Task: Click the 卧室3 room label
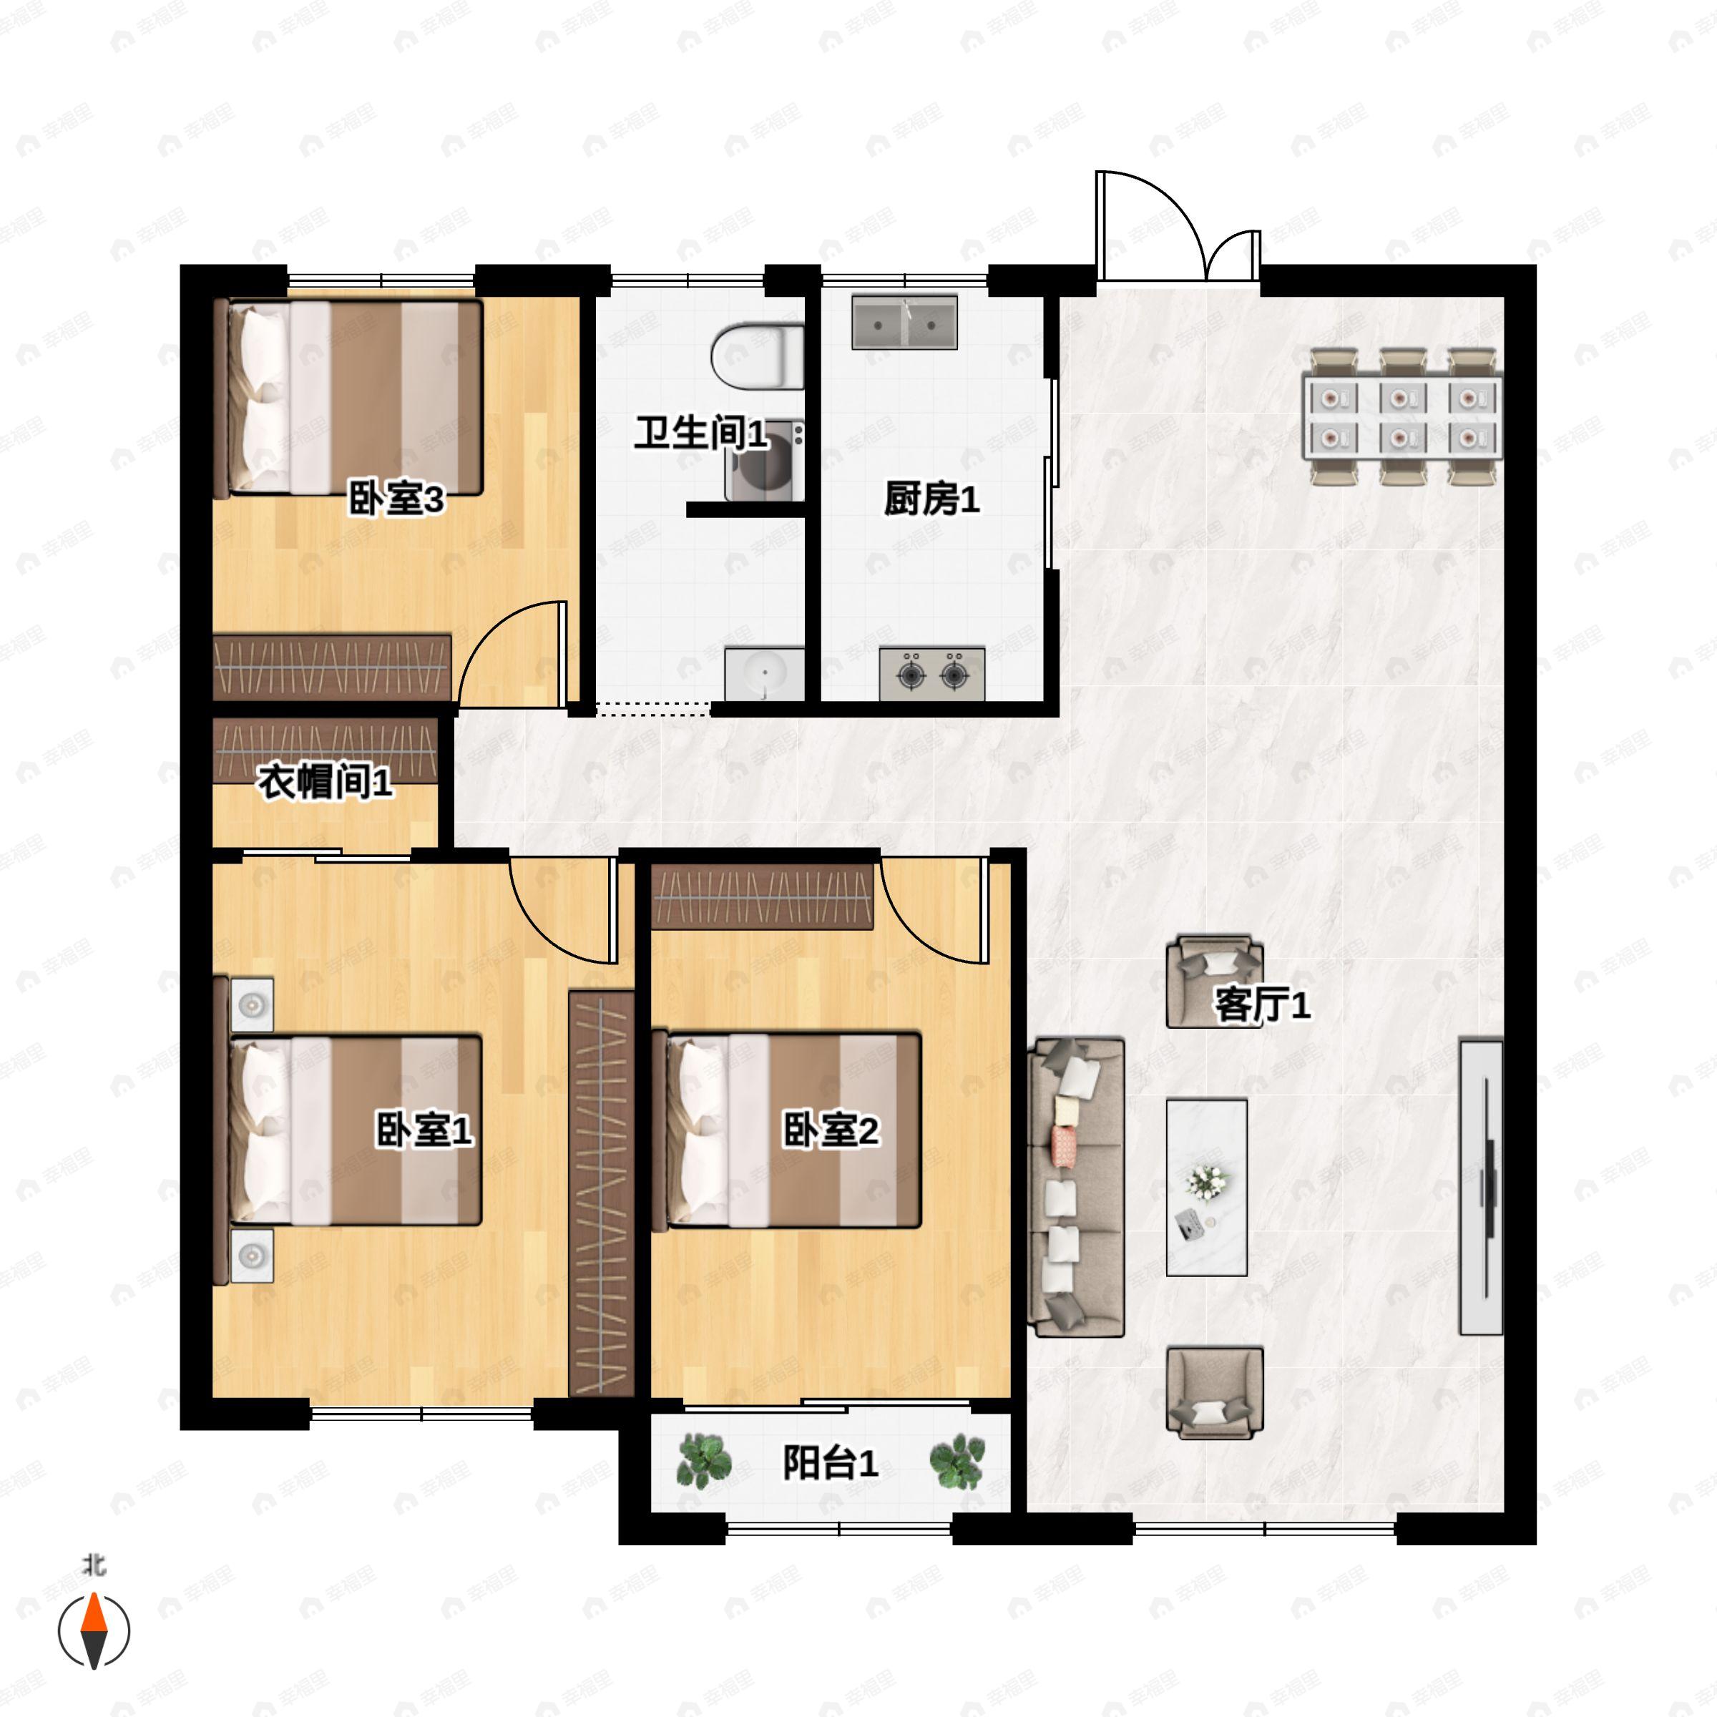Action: tap(396, 499)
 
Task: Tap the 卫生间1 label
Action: tap(701, 433)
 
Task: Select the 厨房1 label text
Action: tap(931, 499)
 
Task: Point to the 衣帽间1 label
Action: tap(326, 782)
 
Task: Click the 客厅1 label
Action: tap(1262, 1005)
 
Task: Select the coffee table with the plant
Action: tap(1207, 1188)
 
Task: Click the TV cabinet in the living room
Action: tap(1482, 1188)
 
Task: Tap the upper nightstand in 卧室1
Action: tap(253, 1005)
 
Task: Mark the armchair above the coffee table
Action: tap(1215, 981)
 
